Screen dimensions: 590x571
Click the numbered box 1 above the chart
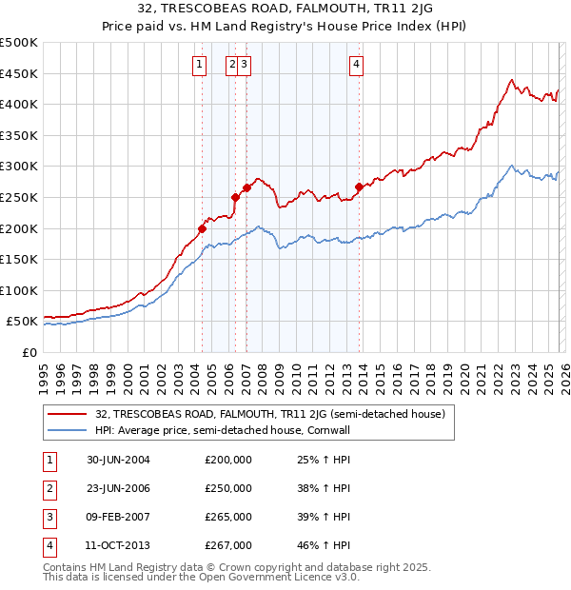[x=199, y=65]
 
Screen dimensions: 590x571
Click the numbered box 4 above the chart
[x=356, y=65]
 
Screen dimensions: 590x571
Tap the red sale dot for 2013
[x=359, y=187]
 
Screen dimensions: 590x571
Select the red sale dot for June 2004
[x=203, y=228]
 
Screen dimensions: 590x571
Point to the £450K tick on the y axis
[x=20, y=73]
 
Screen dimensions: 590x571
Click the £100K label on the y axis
[x=20, y=290]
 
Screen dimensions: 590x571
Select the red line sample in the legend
[x=68, y=414]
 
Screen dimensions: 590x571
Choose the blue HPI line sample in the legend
[x=68, y=430]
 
